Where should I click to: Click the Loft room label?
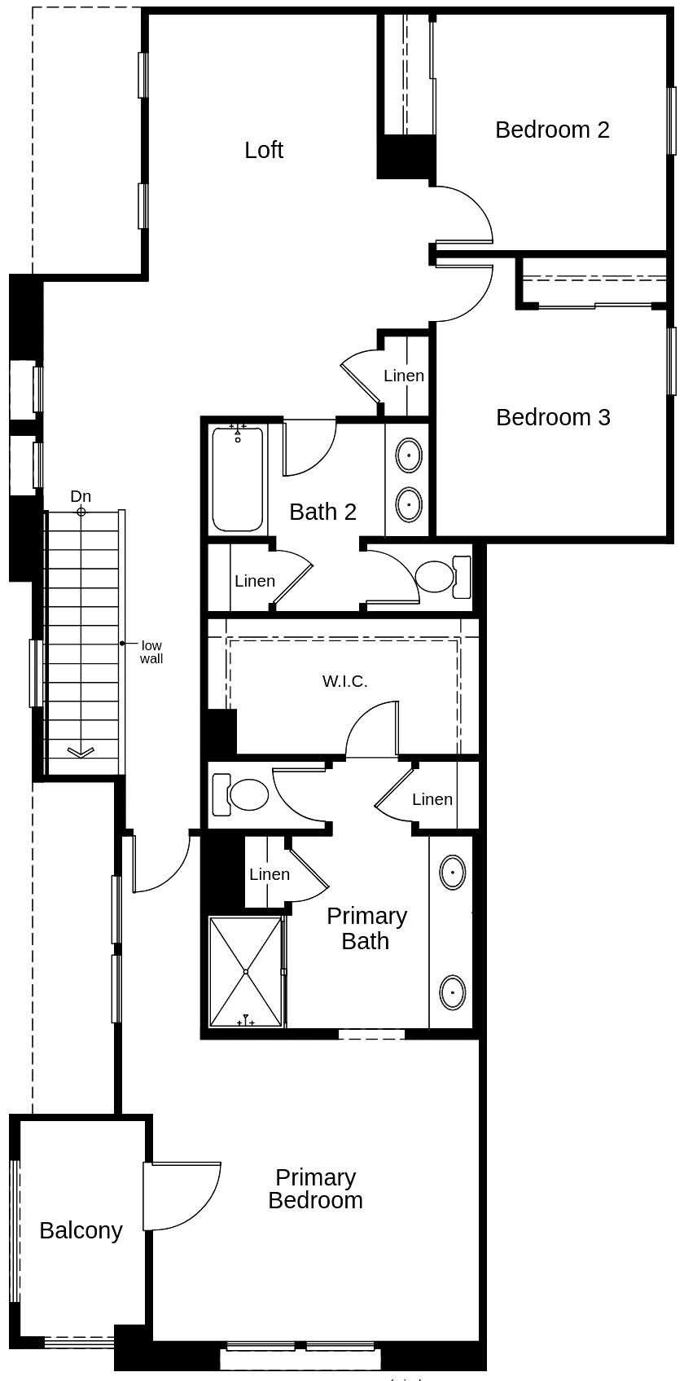coord(264,150)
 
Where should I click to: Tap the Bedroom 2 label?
coord(552,130)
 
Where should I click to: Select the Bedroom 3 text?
coord(553,417)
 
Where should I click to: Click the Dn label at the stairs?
coord(81,496)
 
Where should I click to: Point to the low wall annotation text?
coord(151,652)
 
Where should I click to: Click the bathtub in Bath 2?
coord(238,479)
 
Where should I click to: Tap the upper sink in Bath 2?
coord(408,455)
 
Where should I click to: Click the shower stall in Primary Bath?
coord(246,971)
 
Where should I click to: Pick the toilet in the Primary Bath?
coord(243,794)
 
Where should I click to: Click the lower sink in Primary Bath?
coord(452,992)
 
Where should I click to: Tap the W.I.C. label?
coord(345,681)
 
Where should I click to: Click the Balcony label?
coord(81,1230)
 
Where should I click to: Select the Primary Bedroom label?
coord(315,1189)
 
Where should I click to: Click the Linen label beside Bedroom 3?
coord(404,376)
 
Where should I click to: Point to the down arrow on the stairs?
coord(80,752)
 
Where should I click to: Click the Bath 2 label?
coord(323,512)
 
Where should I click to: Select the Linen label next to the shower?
coord(270,874)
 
